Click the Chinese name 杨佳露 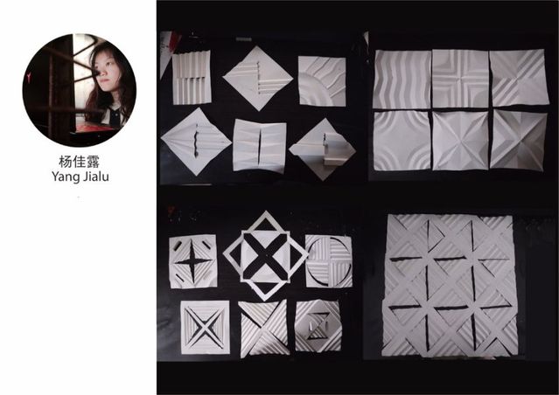point(80,162)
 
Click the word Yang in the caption point(65,177)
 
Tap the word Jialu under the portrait point(95,176)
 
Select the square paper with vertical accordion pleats point(192,77)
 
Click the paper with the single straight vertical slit point(260,146)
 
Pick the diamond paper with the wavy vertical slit point(196,142)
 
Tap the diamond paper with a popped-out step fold point(322,149)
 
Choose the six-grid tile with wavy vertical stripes point(402,80)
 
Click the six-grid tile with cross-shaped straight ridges point(460,79)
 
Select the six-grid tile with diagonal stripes point(519,77)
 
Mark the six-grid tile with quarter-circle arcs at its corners point(402,141)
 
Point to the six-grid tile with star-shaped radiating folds point(460,141)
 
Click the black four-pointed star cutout point(192,261)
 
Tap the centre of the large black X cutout point(265,256)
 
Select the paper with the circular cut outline point(329,261)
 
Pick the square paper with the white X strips point(205,328)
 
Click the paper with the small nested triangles point(318,326)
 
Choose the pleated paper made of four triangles point(264,329)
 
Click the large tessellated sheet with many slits point(450,285)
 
